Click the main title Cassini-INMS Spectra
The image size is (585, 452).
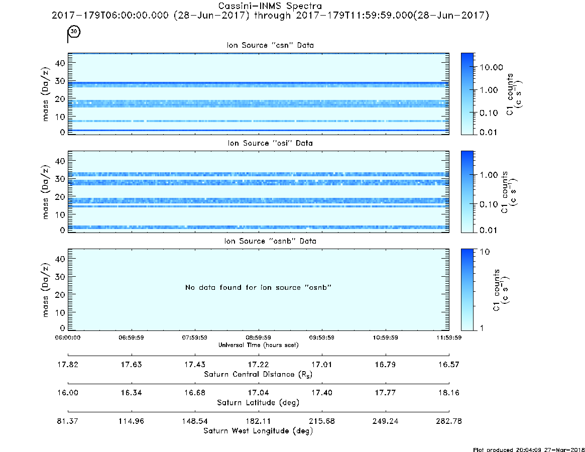[270, 6]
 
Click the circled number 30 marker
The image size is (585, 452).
[74, 31]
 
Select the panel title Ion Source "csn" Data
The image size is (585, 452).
[270, 45]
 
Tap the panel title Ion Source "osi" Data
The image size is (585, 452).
[270, 143]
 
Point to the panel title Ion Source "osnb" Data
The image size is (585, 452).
[270, 241]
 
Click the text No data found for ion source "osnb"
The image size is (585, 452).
[258, 287]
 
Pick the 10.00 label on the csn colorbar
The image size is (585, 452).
[492, 67]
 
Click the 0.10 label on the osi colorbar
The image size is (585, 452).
[489, 204]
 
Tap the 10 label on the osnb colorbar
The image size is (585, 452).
[485, 252]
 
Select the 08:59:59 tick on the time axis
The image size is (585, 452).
[258, 337]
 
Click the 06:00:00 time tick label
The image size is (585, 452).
[68, 337]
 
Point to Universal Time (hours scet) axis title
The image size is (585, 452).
[258, 345]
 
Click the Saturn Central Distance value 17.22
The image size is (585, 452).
[258, 364]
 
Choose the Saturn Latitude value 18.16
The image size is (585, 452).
[449, 393]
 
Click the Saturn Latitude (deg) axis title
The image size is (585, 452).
[258, 403]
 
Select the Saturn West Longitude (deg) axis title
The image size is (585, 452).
[258, 431]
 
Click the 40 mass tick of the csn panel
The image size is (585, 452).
[60, 63]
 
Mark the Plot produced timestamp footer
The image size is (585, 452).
[529, 449]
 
